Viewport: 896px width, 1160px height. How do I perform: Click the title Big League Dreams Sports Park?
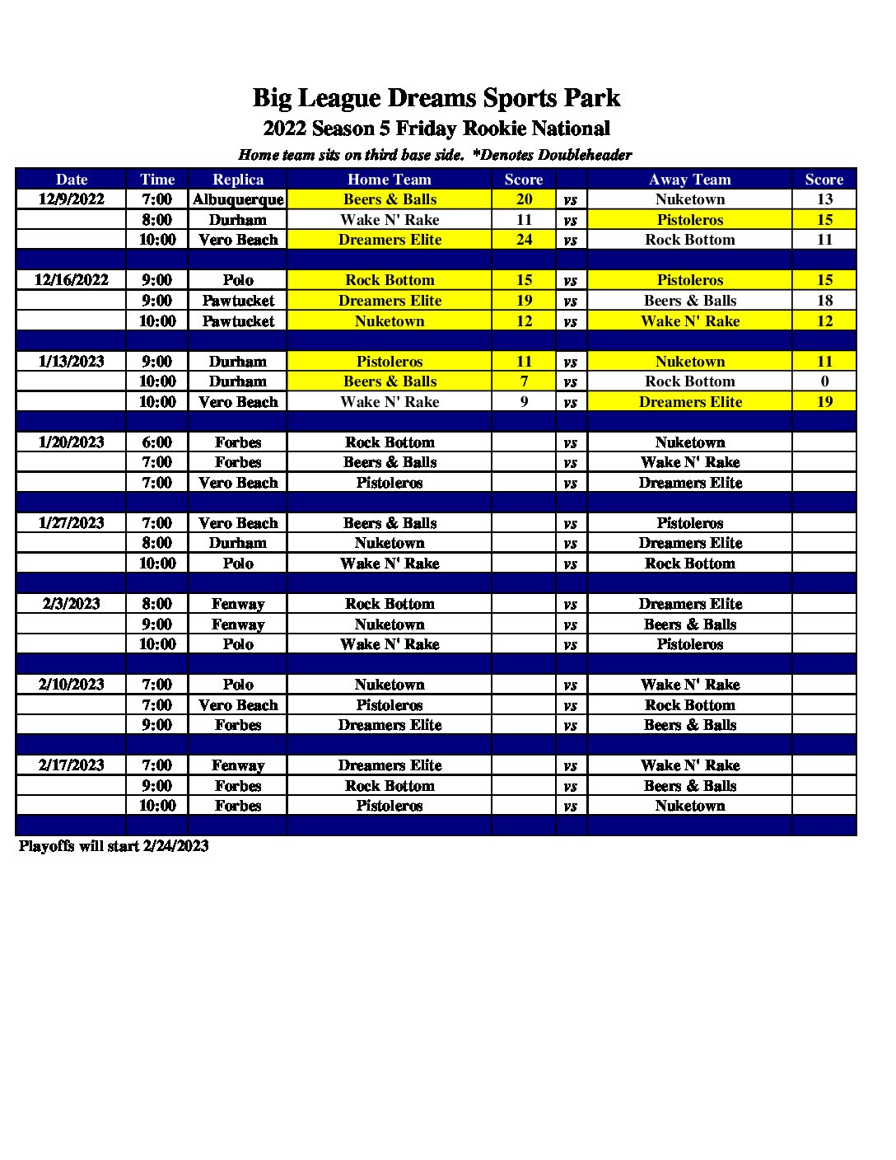436,98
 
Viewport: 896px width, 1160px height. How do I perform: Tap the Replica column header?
238,180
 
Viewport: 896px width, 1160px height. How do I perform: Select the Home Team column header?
390,180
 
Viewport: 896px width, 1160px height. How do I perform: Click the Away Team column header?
689,180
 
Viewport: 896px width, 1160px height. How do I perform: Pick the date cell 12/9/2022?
72,199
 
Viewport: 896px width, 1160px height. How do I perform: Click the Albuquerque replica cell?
238,199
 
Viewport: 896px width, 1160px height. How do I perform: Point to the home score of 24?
524,240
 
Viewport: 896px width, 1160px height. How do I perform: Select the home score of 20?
524,199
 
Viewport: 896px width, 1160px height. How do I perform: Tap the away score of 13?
824,199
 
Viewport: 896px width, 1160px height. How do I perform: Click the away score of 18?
824,301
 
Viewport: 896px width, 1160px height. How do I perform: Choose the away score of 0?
824,381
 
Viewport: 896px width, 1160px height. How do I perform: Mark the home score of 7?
524,381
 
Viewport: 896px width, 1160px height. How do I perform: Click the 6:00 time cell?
157,442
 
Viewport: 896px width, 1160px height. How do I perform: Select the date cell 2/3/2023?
72,604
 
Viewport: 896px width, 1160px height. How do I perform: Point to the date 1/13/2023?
72,362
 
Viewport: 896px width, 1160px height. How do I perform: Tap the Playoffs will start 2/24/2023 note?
114,846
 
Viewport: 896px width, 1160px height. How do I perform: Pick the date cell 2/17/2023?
72,765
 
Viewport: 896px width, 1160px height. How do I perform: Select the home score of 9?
524,402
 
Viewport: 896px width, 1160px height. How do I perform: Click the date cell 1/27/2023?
72,523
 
